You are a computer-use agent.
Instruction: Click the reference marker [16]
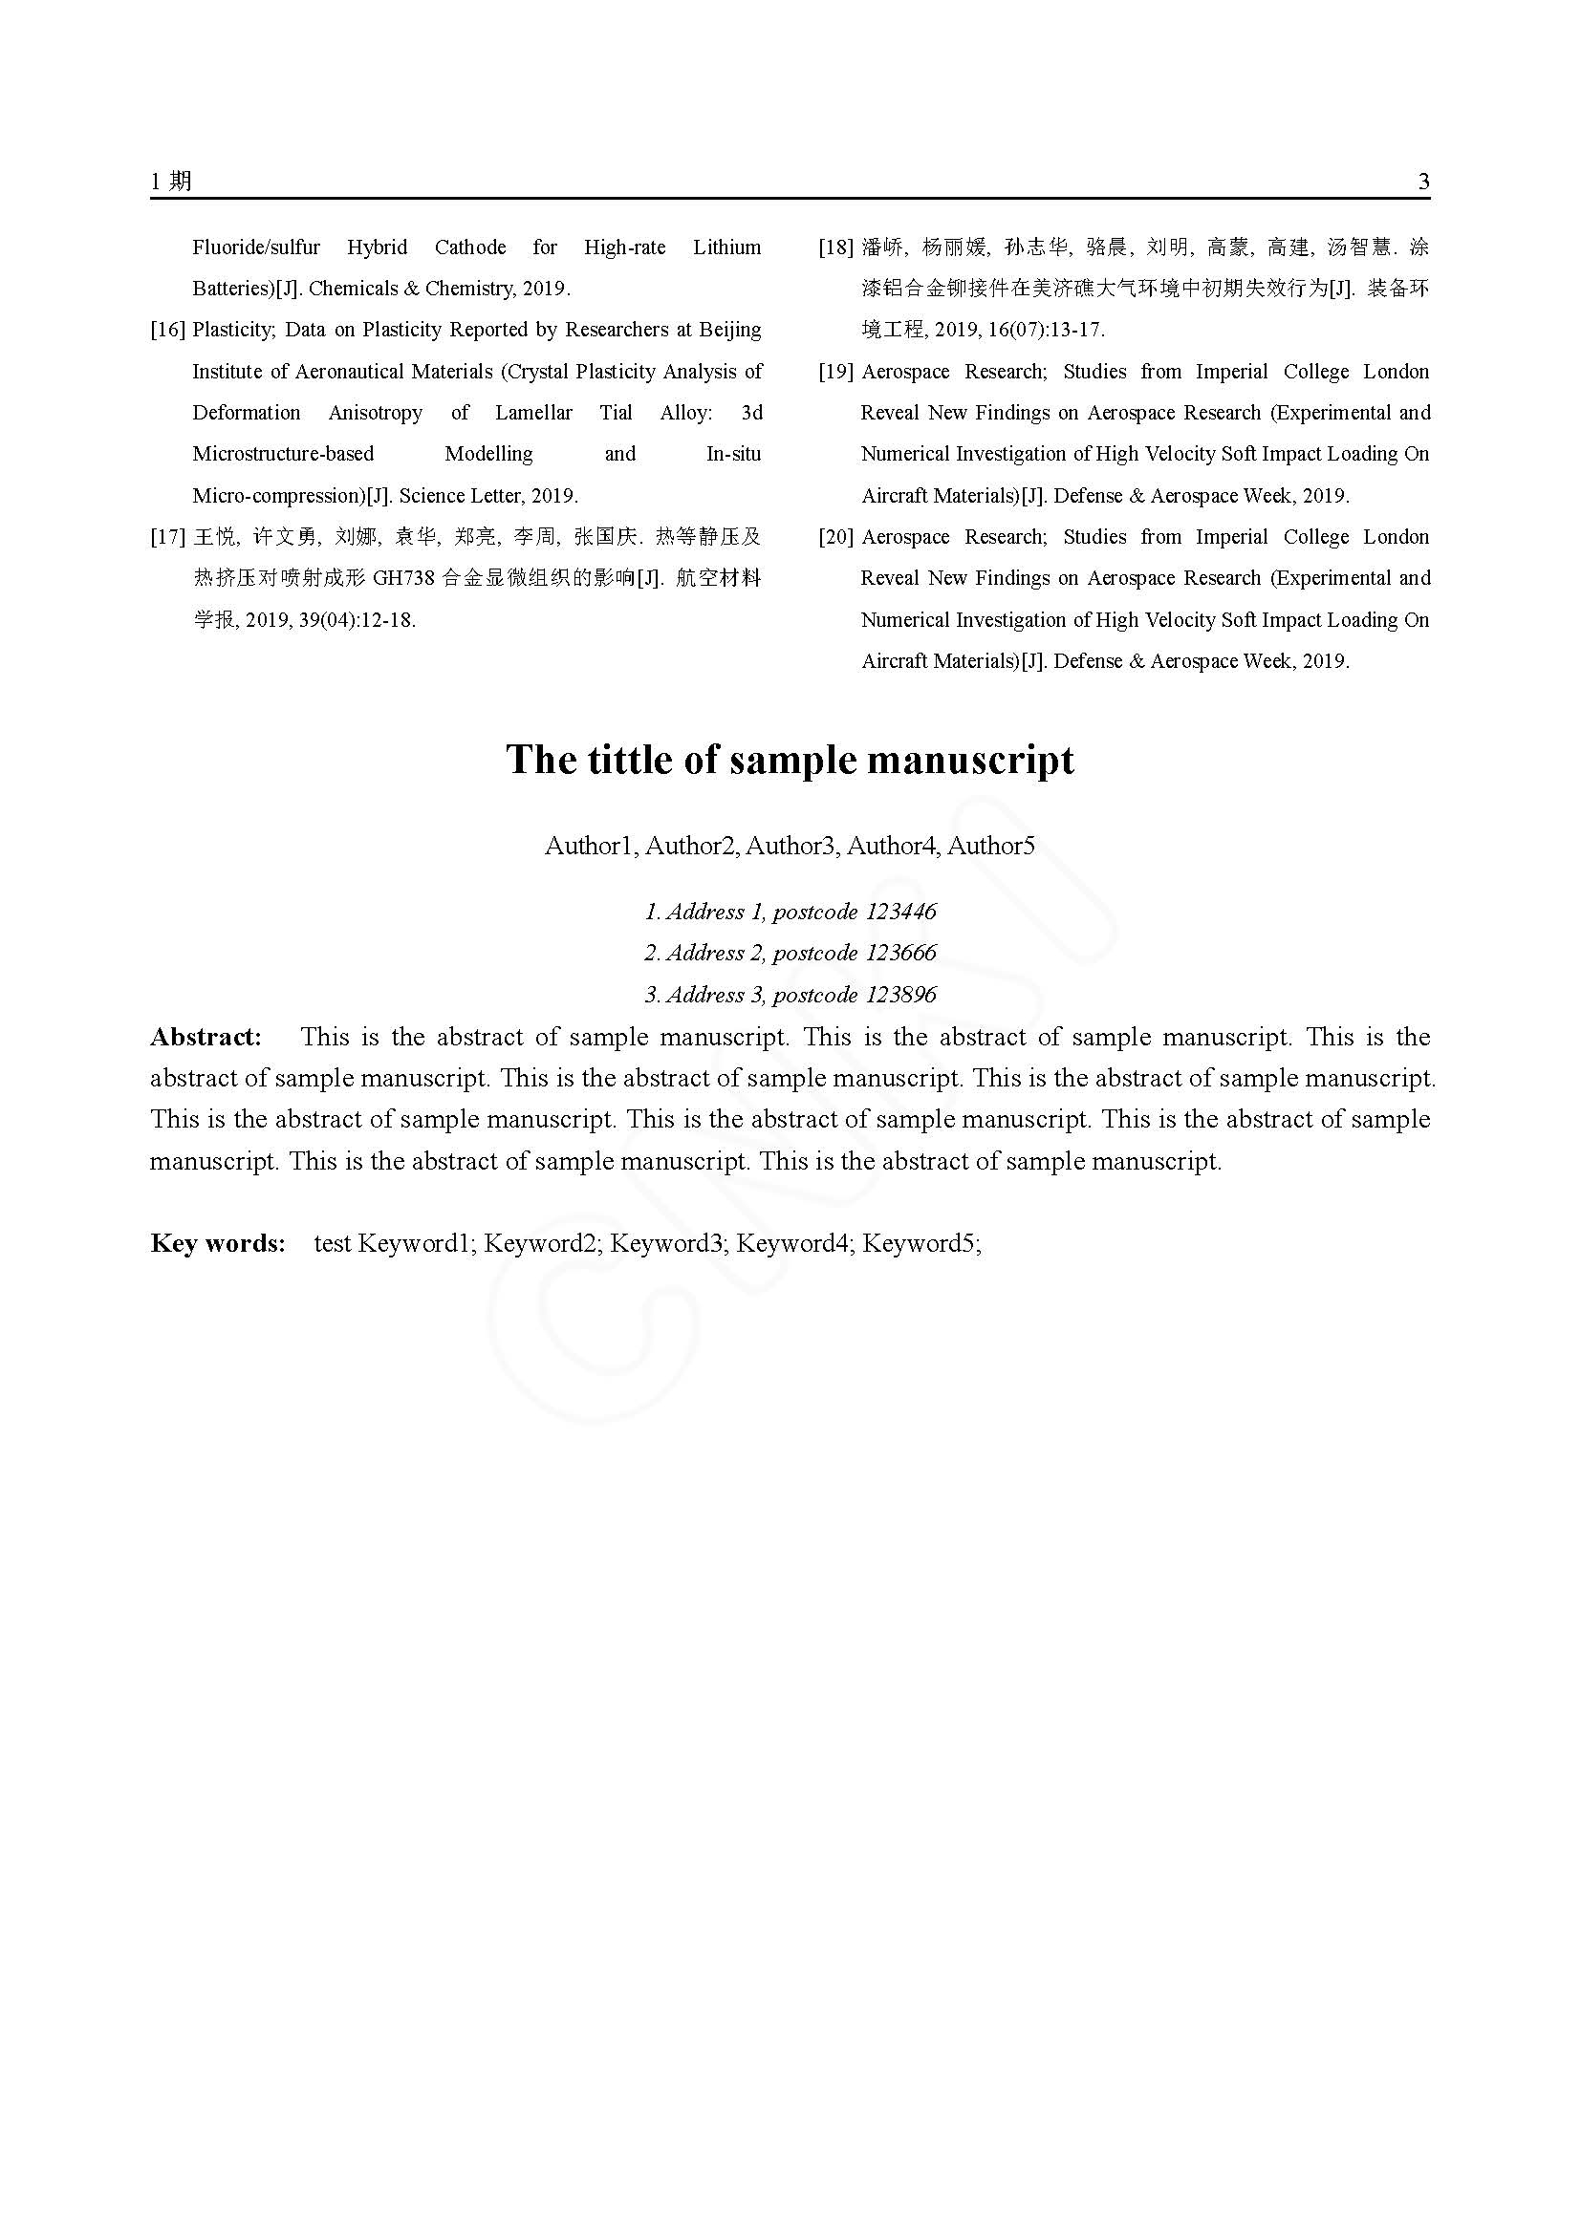pyautogui.click(x=167, y=330)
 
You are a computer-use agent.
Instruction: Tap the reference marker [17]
pyautogui.click(x=167, y=537)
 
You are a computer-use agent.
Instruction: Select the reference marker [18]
pyautogui.click(x=836, y=247)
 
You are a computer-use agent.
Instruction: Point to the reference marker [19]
pyautogui.click(x=836, y=372)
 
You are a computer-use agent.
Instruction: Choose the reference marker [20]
pyautogui.click(x=836, y=537)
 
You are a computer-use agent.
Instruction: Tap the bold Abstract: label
pyautogui.click(x=206, y=1037)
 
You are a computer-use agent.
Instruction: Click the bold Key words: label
pyautogui.click(x=218, y=1243)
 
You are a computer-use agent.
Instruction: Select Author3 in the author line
pyautogui.click(x=790, y=846)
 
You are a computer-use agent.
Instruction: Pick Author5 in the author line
pyautogui.click(x=991, y=846)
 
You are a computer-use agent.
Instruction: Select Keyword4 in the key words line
pyautogui.click(x=792, y=1243)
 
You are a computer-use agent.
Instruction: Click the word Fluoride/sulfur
pyautogui.click(x=256, y=247)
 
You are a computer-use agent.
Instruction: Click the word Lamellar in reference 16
pyautogui.click(x=533, y=413)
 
